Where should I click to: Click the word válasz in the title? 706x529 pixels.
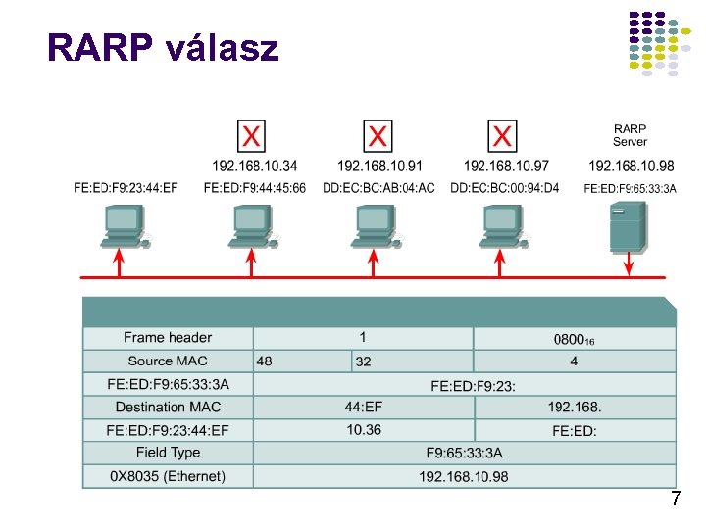click(223, 46)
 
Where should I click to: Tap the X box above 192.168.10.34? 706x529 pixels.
click(252, 135)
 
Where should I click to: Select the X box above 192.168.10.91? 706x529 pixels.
click(378, 135)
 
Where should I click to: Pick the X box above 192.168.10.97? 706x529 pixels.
click(503, 135)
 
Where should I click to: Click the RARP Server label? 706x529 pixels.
click(630, 135)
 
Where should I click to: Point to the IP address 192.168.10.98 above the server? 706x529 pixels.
click(631, 166)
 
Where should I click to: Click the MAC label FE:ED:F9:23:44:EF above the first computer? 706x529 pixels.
click(126, 188)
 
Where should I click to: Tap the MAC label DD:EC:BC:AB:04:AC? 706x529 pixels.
click(378, 188)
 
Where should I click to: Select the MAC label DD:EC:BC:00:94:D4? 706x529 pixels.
click(505, 188)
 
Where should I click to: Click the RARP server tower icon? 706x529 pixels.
click(628, 226)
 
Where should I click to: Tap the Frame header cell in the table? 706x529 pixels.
click(168, 338)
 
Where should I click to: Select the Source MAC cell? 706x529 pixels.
click(168, 361)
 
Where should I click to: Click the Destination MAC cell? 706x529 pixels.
click(168, 407)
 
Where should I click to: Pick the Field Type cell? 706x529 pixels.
click(168, 453)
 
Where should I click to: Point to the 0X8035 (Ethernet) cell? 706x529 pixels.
click(168, 476)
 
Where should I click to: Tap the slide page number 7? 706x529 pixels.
click(675, 499)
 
